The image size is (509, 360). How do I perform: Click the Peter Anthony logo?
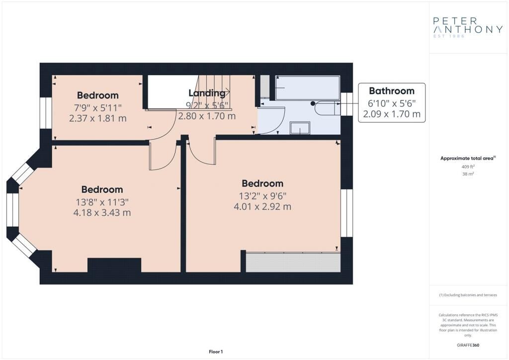click(468, 27)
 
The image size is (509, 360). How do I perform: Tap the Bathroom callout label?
click(391, 91)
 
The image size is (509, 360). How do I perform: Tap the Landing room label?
click(207, 93)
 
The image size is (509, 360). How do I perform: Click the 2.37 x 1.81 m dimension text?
click(98, 118)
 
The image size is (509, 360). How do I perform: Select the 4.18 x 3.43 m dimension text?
click(102, 213)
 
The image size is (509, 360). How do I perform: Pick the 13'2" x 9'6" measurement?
click(262, 195)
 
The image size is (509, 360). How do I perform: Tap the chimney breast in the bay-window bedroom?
click(114, 265)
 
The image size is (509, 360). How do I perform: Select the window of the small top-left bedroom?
click(46, 113)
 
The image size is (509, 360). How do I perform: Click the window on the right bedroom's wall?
click(346, 213)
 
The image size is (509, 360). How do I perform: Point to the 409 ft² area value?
click(467, 167)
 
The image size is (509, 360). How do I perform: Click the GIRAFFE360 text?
click(467, 345)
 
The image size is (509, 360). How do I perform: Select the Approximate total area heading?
click(468, 158)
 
